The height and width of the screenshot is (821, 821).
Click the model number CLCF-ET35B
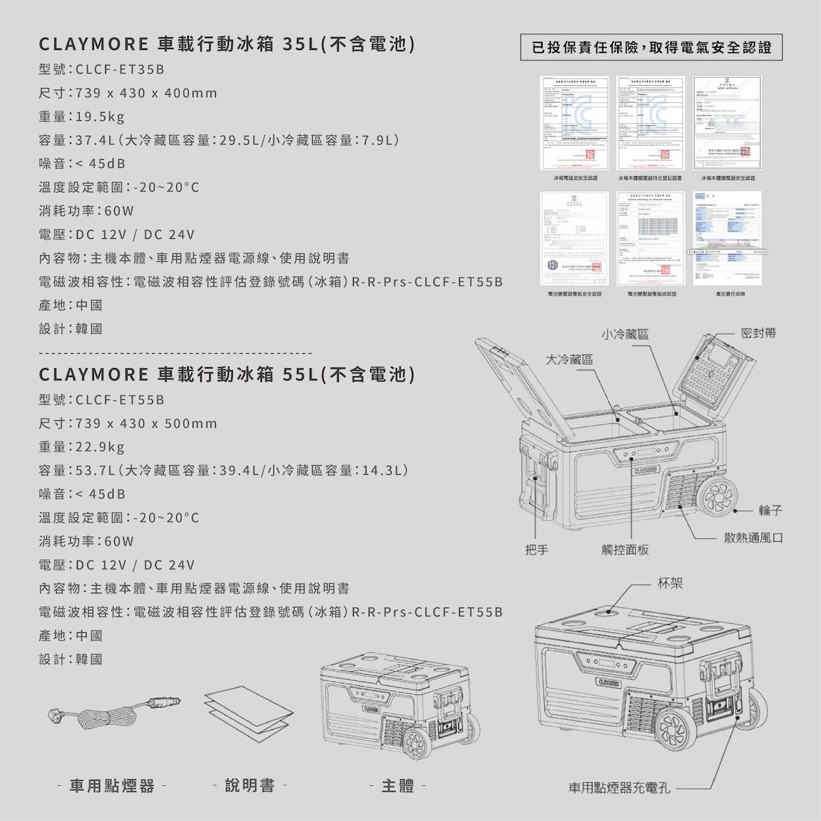[120, 69]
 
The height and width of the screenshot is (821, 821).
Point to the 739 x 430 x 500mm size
[146, 423]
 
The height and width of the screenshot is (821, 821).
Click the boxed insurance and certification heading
[652, 48]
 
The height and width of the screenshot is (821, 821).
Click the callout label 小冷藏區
[625, 334]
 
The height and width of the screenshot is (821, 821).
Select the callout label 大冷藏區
[569, 359]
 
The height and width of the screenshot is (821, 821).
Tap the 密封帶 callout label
[758, 333]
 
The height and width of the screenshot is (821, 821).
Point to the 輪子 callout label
[770, 511]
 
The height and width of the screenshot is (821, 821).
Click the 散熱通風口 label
[753, 537]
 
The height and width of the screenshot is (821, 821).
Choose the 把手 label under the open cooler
[537, 549]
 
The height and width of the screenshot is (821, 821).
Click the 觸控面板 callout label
[625, 549]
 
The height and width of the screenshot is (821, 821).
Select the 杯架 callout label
[670, 582]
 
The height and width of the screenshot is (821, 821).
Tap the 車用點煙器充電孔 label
[619, 787]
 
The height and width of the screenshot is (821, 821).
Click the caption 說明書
[250, 785]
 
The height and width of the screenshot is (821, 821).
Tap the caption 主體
[398, 785]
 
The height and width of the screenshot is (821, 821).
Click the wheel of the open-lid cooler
[717, 495]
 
